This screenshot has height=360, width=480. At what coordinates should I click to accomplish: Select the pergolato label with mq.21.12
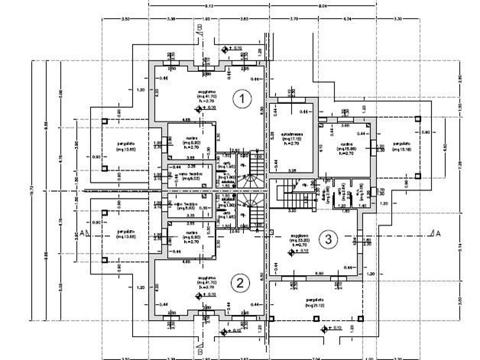coord(313,301)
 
